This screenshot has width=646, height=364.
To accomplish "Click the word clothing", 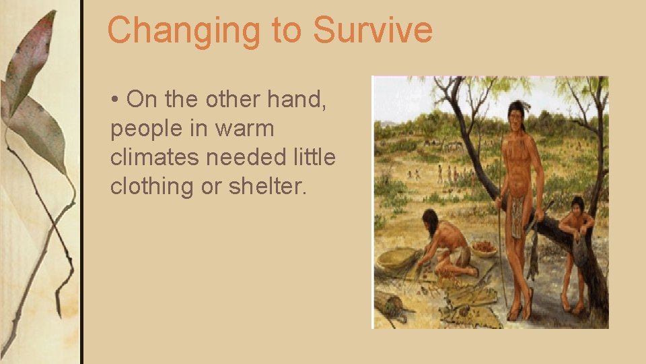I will click(152, 187).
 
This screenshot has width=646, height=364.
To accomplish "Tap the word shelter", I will click(267, 187).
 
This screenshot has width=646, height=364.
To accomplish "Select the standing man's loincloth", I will click(516, 216).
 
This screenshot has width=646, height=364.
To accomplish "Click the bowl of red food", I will click(483, 247).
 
